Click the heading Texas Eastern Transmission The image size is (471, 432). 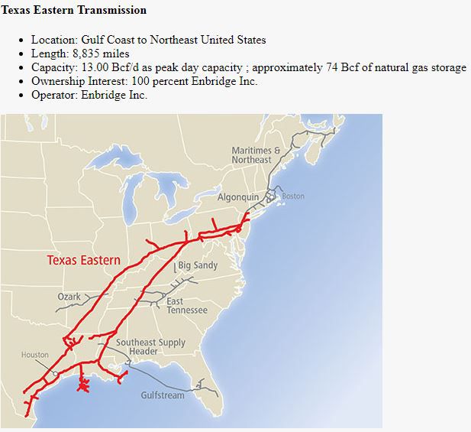74,10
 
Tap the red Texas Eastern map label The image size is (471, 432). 84,260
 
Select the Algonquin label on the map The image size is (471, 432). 237,197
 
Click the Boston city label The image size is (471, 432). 293,197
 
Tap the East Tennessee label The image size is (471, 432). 186,306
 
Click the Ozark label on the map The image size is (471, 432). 69,297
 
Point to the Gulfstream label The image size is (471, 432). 163,395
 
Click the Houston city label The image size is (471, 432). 34,355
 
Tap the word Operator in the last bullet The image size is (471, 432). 53,95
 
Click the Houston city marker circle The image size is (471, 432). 54,372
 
